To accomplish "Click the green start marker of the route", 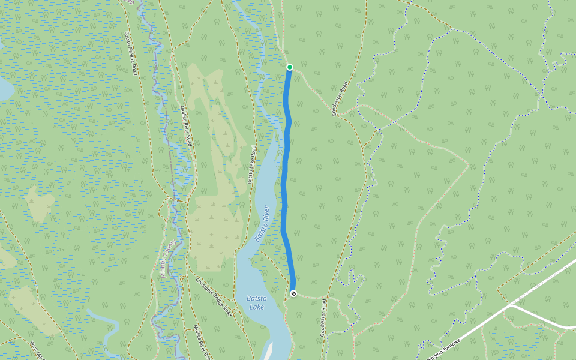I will [289, 67].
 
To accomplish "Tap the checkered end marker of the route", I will [293, 293].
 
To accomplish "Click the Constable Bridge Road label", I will [214, 296].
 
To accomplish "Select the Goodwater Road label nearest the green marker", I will [340, 99].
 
